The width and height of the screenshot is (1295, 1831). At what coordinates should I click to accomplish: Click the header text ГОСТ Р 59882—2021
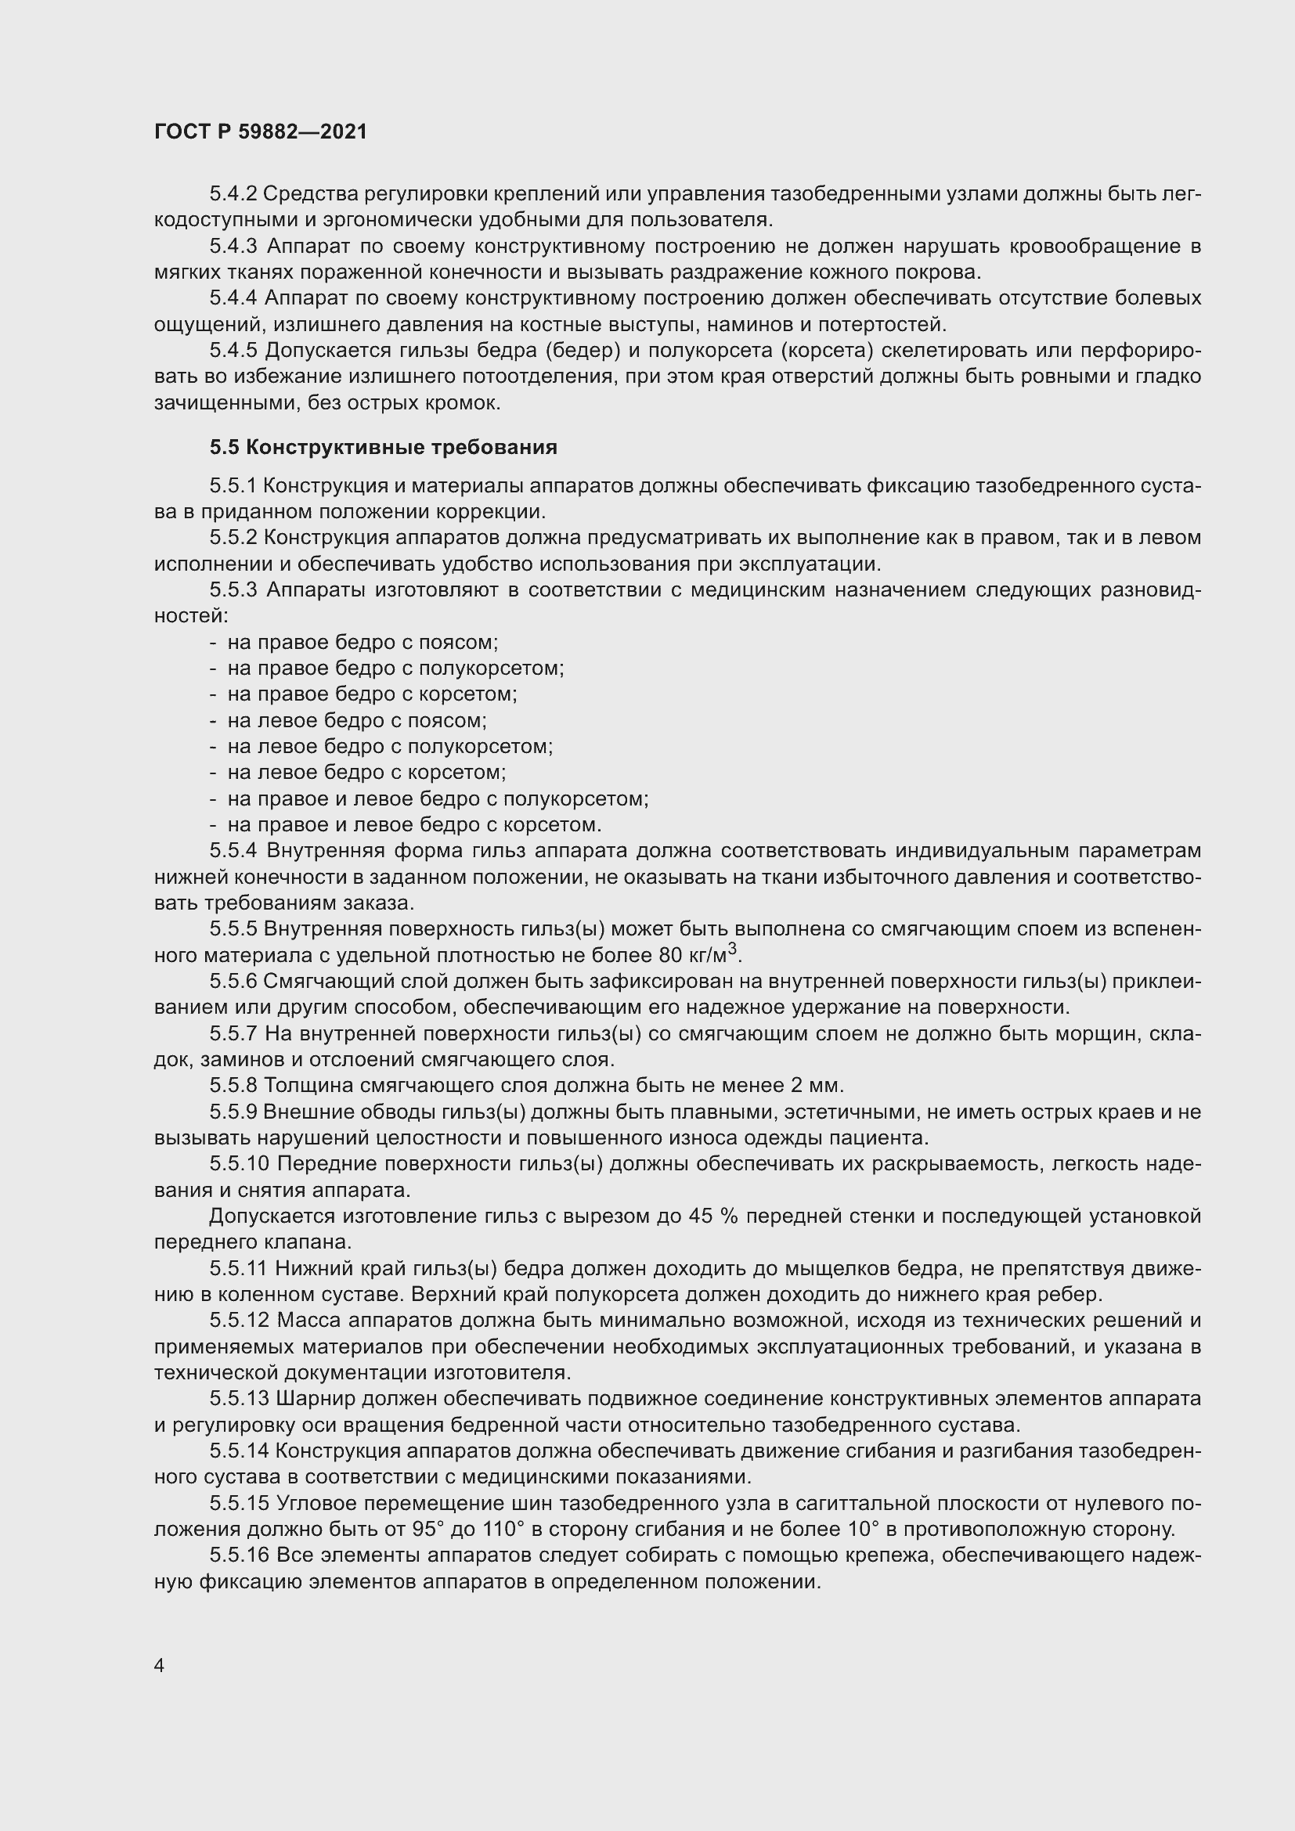pyautogui.click(x=261, y=132)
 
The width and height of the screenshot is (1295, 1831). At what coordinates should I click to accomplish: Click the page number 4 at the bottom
pyautogui.click(x=160, y=1665)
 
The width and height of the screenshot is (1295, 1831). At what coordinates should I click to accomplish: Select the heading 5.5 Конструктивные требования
pyautogui.click(x=384, y=448)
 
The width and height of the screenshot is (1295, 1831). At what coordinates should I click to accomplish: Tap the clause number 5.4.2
pyautogui.click(x=233, y=194)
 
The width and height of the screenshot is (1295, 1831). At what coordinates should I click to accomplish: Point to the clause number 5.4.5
pyautogui.click(x=233, y=350)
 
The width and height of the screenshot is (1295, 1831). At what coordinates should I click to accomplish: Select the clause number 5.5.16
pyautogui.click(x=240, y=1555)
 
